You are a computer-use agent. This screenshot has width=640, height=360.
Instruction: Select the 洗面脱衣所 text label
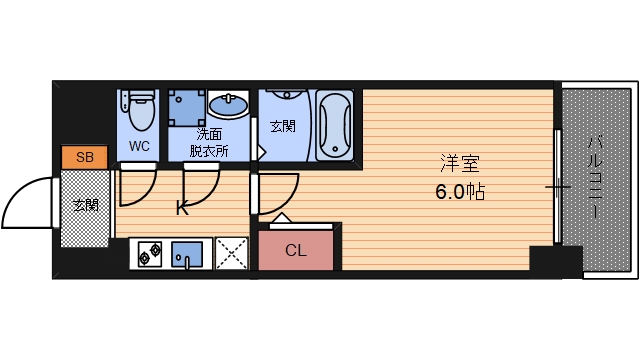[209, 141]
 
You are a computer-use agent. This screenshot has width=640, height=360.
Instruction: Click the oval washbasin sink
[230, 104]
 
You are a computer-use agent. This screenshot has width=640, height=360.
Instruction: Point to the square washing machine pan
[185, 107]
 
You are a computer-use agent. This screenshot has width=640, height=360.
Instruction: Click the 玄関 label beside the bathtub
[283, 127]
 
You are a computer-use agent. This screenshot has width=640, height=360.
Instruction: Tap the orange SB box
[84, 157]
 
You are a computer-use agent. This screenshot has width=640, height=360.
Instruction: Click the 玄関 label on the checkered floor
[85, 205]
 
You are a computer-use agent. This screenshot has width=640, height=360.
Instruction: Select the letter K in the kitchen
[182, 209]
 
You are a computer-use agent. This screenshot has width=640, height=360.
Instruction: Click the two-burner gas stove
[150, 255]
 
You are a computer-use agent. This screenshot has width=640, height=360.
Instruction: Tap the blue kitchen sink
[187, 255]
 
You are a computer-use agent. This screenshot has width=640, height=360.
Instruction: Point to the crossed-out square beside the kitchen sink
[231, 254]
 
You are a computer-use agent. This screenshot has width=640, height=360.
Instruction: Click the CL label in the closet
[297, 250]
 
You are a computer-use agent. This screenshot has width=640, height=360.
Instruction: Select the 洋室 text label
[459, 162]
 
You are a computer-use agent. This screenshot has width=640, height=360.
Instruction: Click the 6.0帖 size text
[460, 192]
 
